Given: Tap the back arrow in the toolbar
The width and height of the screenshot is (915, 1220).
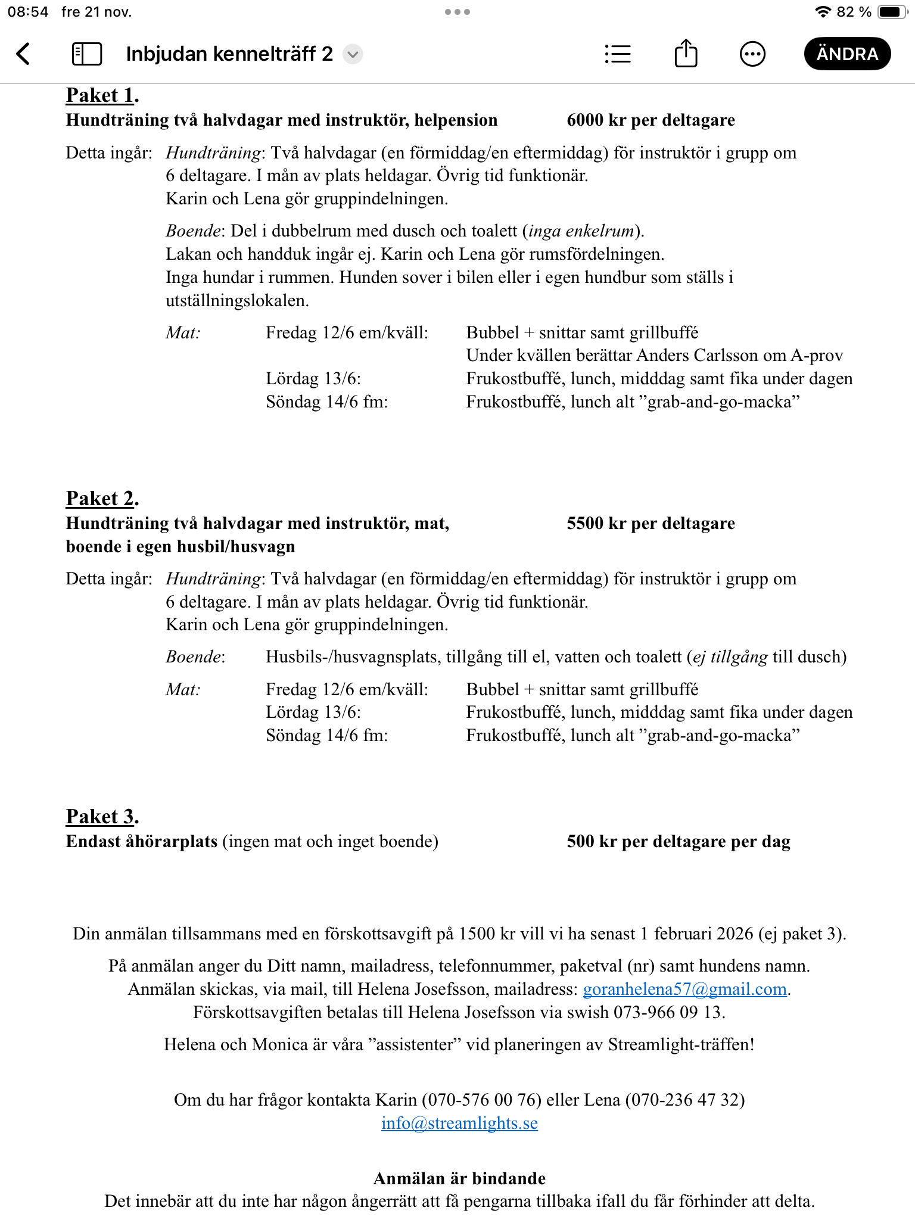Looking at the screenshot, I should point(23,54).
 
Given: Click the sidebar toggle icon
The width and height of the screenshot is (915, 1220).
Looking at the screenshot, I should point(87,54).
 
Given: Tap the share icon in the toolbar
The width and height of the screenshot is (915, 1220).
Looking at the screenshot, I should point(686,54).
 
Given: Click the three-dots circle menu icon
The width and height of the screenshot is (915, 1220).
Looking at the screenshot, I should point(752,54).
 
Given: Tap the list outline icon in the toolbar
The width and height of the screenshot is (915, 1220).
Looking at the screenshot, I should point(618,54).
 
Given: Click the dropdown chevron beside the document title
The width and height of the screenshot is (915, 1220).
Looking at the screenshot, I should point(353,54).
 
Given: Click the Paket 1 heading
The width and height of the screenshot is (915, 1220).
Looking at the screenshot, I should point(101,95).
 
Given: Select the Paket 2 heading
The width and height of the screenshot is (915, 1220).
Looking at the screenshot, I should point(101,498).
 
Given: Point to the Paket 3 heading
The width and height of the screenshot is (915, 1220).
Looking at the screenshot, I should point(101,816).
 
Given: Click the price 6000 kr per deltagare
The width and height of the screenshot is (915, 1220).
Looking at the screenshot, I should point(651,120).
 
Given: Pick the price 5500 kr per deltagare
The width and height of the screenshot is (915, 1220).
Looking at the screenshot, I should point(651,524).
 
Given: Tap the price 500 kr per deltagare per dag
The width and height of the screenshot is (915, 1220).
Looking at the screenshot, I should point(678,842).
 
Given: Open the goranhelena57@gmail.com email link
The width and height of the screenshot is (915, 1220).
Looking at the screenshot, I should point(684,989).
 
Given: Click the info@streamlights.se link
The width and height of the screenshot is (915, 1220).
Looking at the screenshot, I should point(459,1123).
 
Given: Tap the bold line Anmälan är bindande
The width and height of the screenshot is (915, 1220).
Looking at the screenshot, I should point(459,1178).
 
